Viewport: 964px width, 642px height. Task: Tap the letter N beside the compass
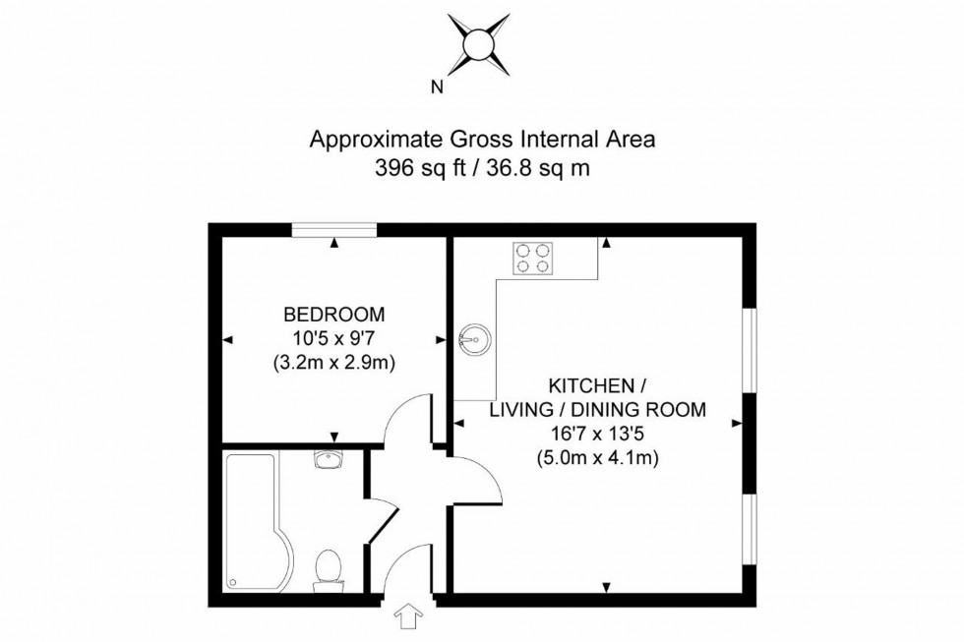pyautogui.click(x=437, y=87)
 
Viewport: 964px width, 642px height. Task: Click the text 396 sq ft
pyautogui.click(x=417, y=167)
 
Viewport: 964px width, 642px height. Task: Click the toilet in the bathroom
pyautogui.click(x=328, y=570)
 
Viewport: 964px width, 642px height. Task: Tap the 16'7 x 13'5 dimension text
pyautogui.click(x=598, y=434)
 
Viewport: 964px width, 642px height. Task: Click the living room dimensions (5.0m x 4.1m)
pyautogui.click(x=597, y=457)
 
